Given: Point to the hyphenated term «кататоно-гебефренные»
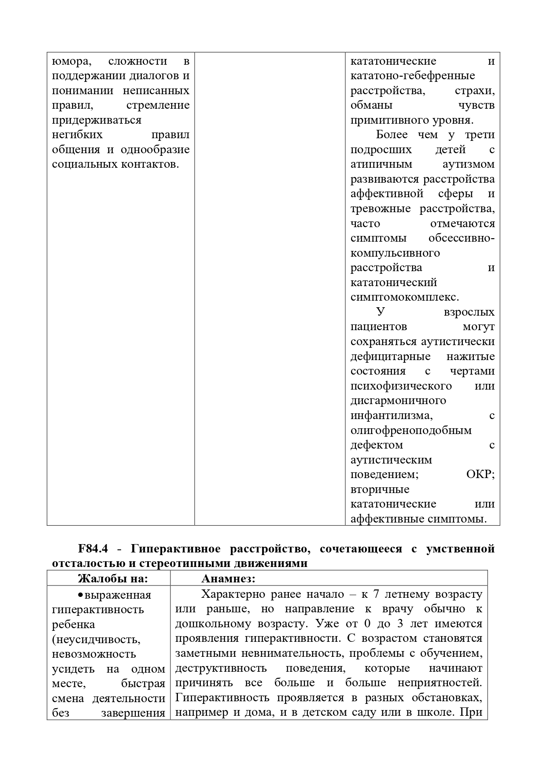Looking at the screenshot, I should pos(412,76).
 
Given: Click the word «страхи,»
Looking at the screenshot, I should pos(474,91).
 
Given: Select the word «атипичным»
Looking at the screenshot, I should pos(381,164).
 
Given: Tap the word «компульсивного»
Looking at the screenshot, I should pos(395,253).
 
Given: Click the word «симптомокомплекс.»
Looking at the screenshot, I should pos(404,297).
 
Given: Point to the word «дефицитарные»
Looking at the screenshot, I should pos(390,357).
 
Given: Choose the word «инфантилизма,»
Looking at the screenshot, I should pos(391,416).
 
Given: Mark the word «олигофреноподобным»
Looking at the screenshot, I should pos(410,431).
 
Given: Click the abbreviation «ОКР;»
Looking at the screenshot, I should pos(480,475).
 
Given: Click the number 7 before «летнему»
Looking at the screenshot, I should pos(376,594).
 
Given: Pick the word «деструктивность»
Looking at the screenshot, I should pos(221,668).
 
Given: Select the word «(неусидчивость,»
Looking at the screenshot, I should pos(96,639).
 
